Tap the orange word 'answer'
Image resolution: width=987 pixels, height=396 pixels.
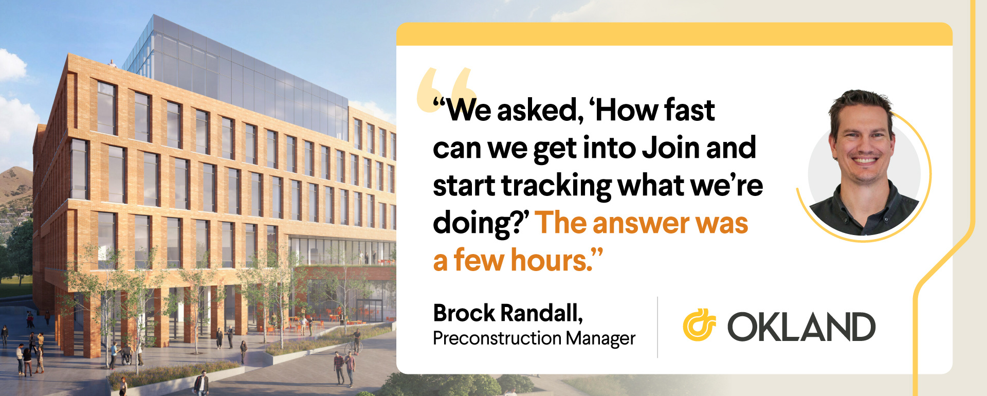(641, 223)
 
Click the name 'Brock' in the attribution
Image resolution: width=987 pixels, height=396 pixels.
(464, 313)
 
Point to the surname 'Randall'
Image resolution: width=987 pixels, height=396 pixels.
(542, 313)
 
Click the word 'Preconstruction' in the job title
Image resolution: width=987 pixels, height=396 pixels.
(497, 338)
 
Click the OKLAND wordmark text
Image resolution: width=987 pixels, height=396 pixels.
(801, 327)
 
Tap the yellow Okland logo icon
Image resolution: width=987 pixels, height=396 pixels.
(699, 325)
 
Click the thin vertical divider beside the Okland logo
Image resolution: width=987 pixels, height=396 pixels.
(657, 327)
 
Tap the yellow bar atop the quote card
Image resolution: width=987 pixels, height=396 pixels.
(674, 34)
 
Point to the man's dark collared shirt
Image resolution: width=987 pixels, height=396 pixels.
(864, 211)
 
